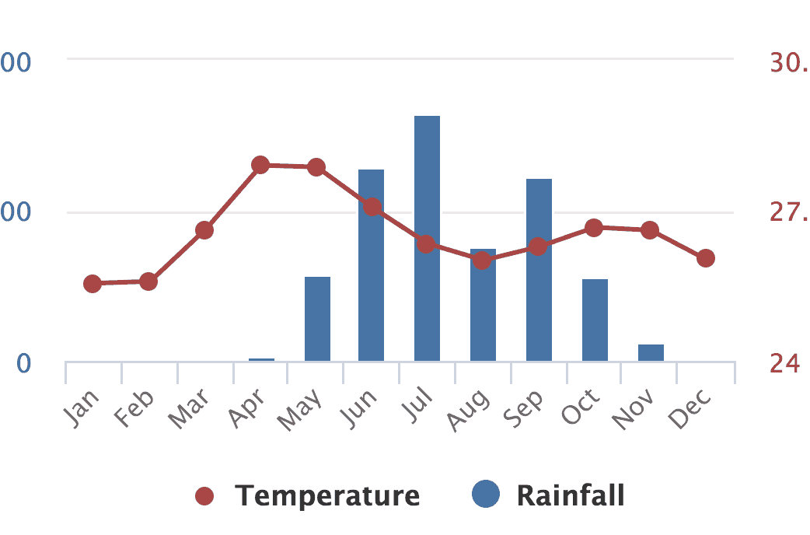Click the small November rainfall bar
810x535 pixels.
tap(651, 352)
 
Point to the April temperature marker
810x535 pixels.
tap(260, 165)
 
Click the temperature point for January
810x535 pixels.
tap(93, 284)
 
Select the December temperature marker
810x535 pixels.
tap(706, 258)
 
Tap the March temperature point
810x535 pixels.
tap(204, 230)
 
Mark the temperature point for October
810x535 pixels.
tap(594, 228)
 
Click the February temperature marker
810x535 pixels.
tap(148, 281)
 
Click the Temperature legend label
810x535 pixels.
tap(327, 495)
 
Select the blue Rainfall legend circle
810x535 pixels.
tap(486, 495)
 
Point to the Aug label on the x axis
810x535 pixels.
tap(470, 409)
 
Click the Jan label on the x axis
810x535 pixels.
tap(81, 407)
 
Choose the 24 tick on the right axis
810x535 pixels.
tap(785, 363)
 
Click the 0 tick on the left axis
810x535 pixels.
tap(25, 363)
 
